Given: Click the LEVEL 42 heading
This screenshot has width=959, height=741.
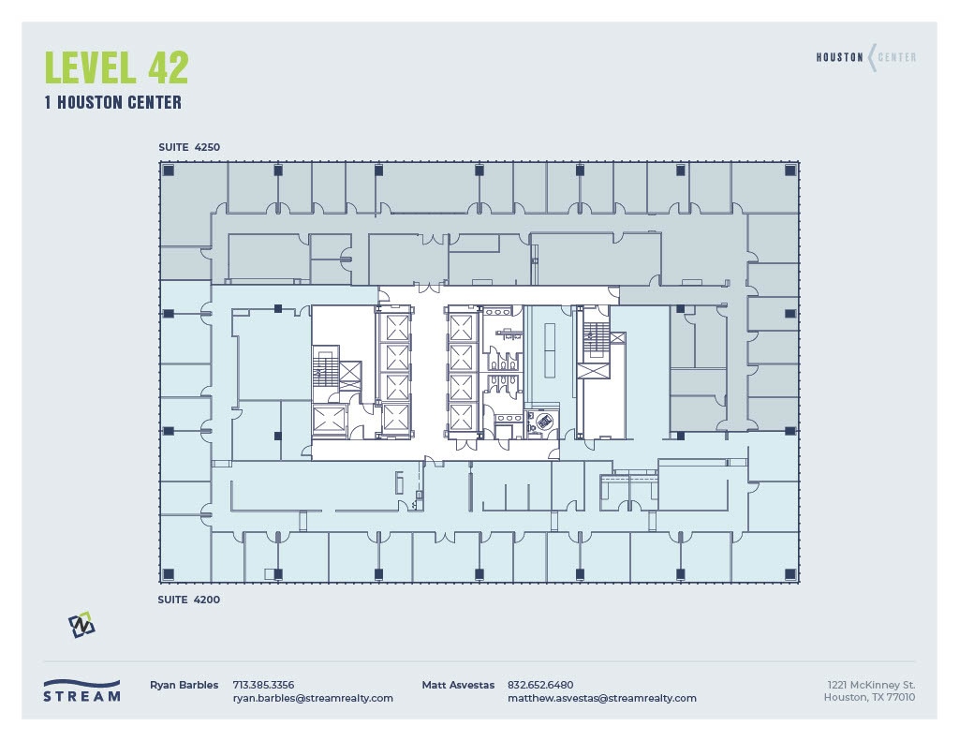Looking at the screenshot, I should coord(116,67).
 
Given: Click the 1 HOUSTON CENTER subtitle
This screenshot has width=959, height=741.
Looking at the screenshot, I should coord(112,103).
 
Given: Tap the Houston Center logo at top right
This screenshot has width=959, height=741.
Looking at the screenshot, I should coord(865,57).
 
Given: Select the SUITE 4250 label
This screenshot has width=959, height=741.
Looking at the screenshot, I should coord(188,147).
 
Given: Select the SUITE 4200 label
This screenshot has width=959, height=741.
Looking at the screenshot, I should coord(188,600).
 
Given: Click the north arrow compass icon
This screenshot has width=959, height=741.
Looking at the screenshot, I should coord(81,625).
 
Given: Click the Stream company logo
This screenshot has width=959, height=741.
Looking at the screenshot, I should coord(81,690).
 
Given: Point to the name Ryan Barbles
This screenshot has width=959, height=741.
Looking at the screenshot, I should coord(184,685).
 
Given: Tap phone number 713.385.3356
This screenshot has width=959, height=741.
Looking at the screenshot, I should coord(263,685).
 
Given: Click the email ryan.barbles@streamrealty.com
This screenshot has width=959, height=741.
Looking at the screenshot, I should coord(313,698).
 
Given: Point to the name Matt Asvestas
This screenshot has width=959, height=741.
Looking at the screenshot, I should coord(458,685).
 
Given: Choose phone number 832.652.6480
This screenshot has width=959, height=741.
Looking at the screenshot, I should coord(540,685).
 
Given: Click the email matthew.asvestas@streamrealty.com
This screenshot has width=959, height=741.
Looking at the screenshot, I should coord(602,698).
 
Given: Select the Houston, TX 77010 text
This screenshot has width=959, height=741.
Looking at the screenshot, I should coord(869,697).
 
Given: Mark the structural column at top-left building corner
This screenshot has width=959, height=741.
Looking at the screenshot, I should coord(169,170).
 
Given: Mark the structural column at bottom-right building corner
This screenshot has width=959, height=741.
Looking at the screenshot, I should coord(789,572).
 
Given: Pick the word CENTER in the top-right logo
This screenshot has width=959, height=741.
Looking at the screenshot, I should coord(897,57).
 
